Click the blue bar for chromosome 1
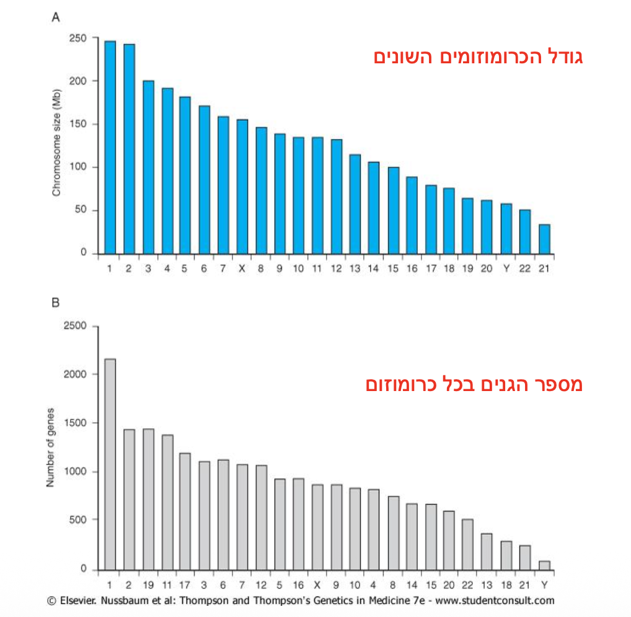(x=110, y=147)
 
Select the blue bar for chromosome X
(x=242, y=186)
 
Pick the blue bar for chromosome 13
(x=355, y=204)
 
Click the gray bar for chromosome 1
(x=110, y=464)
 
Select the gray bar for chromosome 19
(x=148, y=499)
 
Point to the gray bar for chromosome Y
(x=544, y=565)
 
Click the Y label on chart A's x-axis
(x=506, y=269)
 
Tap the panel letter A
(x=55, y=18)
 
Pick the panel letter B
(x=55, y=304)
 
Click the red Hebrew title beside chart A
(x=479, y=57)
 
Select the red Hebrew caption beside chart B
(x=474, y=384)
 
